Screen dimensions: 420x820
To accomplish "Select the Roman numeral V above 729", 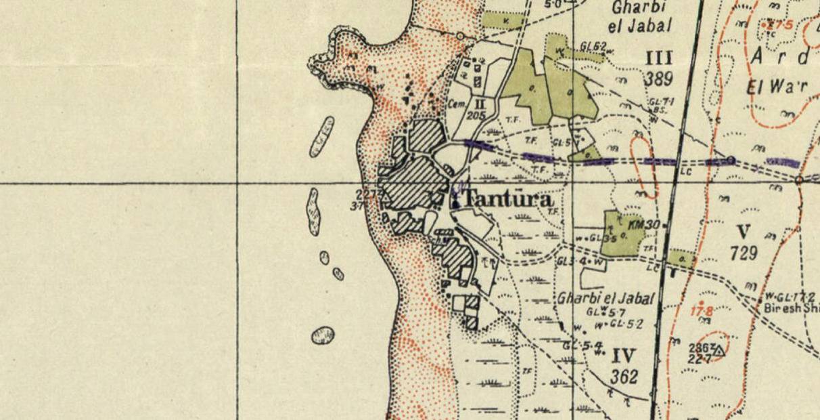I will (x=743, y=232).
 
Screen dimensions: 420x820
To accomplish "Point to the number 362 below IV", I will (x=623, y=377).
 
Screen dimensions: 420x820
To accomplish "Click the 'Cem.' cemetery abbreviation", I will (x=457, y=104).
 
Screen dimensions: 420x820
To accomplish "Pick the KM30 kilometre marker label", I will (x=644, y=224).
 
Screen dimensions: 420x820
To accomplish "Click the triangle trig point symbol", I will (x=718, y=350).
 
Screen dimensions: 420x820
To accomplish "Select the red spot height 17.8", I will (x=701, y=311).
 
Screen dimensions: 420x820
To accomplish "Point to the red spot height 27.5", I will (x=779, y=25).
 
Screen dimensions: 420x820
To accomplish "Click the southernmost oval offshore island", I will (x=323, y=335).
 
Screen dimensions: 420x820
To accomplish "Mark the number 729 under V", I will (x=743, y=253).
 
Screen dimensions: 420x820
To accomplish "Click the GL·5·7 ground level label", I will (x=606, y=312).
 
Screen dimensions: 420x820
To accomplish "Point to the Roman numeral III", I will (x=658, y=58).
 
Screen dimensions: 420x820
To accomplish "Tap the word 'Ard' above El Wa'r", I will (x=778, y=57).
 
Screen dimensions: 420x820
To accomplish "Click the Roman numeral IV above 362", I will (x=623, y=356).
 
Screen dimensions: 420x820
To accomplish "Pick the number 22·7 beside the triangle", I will (x=699, y=359).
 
